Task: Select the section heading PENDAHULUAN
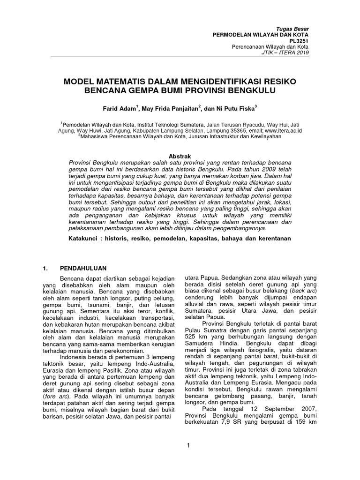point(83,268)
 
